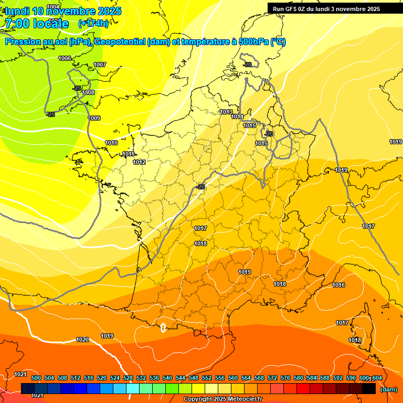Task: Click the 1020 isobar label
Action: click(x=82, y=340)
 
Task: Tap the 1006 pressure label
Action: click(x=65, y=58)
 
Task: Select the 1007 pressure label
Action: click(x=100, y=65)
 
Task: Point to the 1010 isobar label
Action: click(x=111, y=143)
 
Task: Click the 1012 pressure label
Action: click(x=139, y=162)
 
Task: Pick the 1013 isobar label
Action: click(x=226, y=112)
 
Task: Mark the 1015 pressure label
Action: click(x=249, y=125)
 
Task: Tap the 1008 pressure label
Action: click(x=88, y=92)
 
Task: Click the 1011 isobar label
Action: click(x=128, y=154)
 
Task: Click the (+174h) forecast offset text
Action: click(x=93, y=24)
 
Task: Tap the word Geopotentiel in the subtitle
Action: click(x=120, y=42)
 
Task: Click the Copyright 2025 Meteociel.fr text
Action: click(x=222, y=399)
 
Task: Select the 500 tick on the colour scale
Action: click(x=36, y=378)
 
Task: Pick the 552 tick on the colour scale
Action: click(x=207, y=378)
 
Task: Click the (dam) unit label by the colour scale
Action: click(x=388, y=389)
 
